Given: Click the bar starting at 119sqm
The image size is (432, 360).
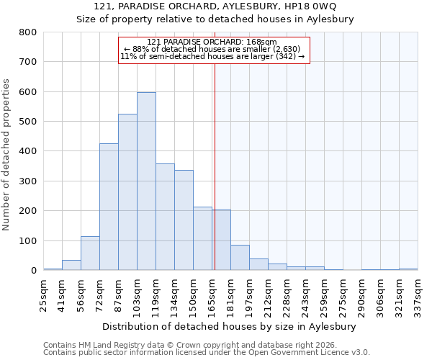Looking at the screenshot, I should [x=165, y=217].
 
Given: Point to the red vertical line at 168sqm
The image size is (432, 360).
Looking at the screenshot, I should [x=215, y=166].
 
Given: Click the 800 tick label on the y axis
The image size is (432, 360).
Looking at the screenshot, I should [x=27, y=32].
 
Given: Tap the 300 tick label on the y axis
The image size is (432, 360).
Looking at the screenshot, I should [x=27, y=181].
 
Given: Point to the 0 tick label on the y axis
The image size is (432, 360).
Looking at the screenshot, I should [x=33, y=271].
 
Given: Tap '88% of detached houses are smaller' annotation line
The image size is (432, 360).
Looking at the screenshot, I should [x=213, y=49].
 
